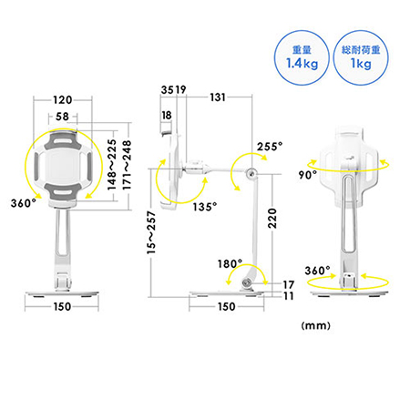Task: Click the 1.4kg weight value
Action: click(x=302, y=64)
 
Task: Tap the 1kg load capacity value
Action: click(x=361, y=64)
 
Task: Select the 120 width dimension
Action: click(x=62, y=100)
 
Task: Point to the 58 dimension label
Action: click(x=62, y=117)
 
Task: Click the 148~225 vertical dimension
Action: click(x=112, y=165)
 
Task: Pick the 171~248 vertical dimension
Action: click(x=127, y=165)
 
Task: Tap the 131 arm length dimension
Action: click(x=218, y=97)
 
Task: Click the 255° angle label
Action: click(x=270, y=147)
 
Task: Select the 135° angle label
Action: click(x=205, y=207)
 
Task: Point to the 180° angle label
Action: click(x=230, y=263)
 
